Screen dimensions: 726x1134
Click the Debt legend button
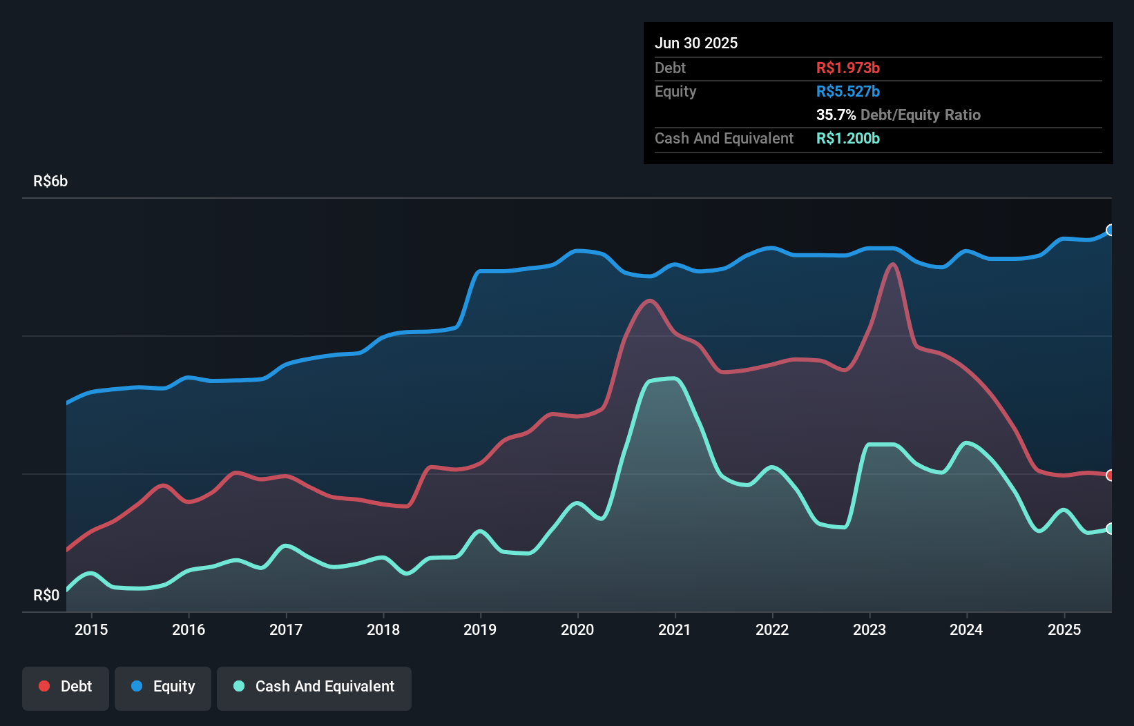66,687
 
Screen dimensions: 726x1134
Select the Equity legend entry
163,687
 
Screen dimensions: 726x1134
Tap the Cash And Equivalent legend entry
314,687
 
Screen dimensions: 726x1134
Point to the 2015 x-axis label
91,629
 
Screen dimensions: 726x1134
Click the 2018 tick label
383,629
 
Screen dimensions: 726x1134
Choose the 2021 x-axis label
675,629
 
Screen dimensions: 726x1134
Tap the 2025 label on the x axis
1064,629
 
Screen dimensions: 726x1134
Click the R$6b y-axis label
50,181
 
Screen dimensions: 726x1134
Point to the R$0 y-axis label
46,595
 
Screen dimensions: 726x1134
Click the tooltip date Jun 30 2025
696,43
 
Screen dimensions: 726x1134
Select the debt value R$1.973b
847,68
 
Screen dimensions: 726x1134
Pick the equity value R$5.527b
847,91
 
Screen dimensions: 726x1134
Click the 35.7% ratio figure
836,115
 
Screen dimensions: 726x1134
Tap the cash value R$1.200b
847,138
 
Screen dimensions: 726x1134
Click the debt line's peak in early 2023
893,264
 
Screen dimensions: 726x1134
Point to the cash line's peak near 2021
673,378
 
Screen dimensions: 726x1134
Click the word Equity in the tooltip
675,91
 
